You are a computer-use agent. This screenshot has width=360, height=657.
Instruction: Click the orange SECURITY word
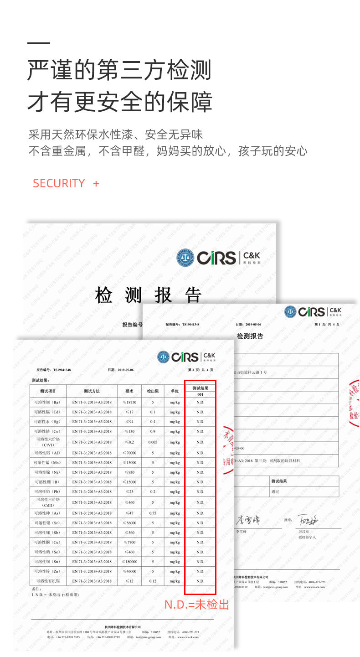[59, 183]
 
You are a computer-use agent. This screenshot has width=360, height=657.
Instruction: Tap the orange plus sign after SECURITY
[96, 183]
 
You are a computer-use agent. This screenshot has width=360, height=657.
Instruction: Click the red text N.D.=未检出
[196, 605]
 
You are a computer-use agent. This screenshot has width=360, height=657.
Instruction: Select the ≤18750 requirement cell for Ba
[129, 402]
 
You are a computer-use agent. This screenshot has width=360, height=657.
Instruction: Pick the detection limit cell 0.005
[153, 442]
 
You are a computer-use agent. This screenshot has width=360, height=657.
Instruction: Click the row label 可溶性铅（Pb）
[47, 492]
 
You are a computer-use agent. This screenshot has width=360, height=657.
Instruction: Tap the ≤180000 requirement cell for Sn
[129, 562]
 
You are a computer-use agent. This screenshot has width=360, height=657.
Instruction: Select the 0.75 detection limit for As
[153, 513]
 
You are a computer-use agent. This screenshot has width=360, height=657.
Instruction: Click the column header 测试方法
[92, 391]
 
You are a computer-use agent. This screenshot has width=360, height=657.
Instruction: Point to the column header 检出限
[153, 391]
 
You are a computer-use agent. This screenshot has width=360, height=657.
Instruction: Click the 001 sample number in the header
[200, 394]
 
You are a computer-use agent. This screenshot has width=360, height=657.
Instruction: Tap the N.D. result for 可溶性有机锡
[200, 581]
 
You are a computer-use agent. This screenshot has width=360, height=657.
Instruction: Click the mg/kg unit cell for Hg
[175, 422]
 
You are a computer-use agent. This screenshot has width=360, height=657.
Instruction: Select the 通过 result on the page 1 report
[275, 491]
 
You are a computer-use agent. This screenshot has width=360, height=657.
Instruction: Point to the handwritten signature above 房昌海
[308, 519]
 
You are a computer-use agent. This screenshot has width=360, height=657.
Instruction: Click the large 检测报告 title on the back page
[149, 295]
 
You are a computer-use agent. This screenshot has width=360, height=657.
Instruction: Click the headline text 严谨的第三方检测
[119, 71]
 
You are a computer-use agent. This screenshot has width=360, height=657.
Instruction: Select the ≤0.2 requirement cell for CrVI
[129, 442]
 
